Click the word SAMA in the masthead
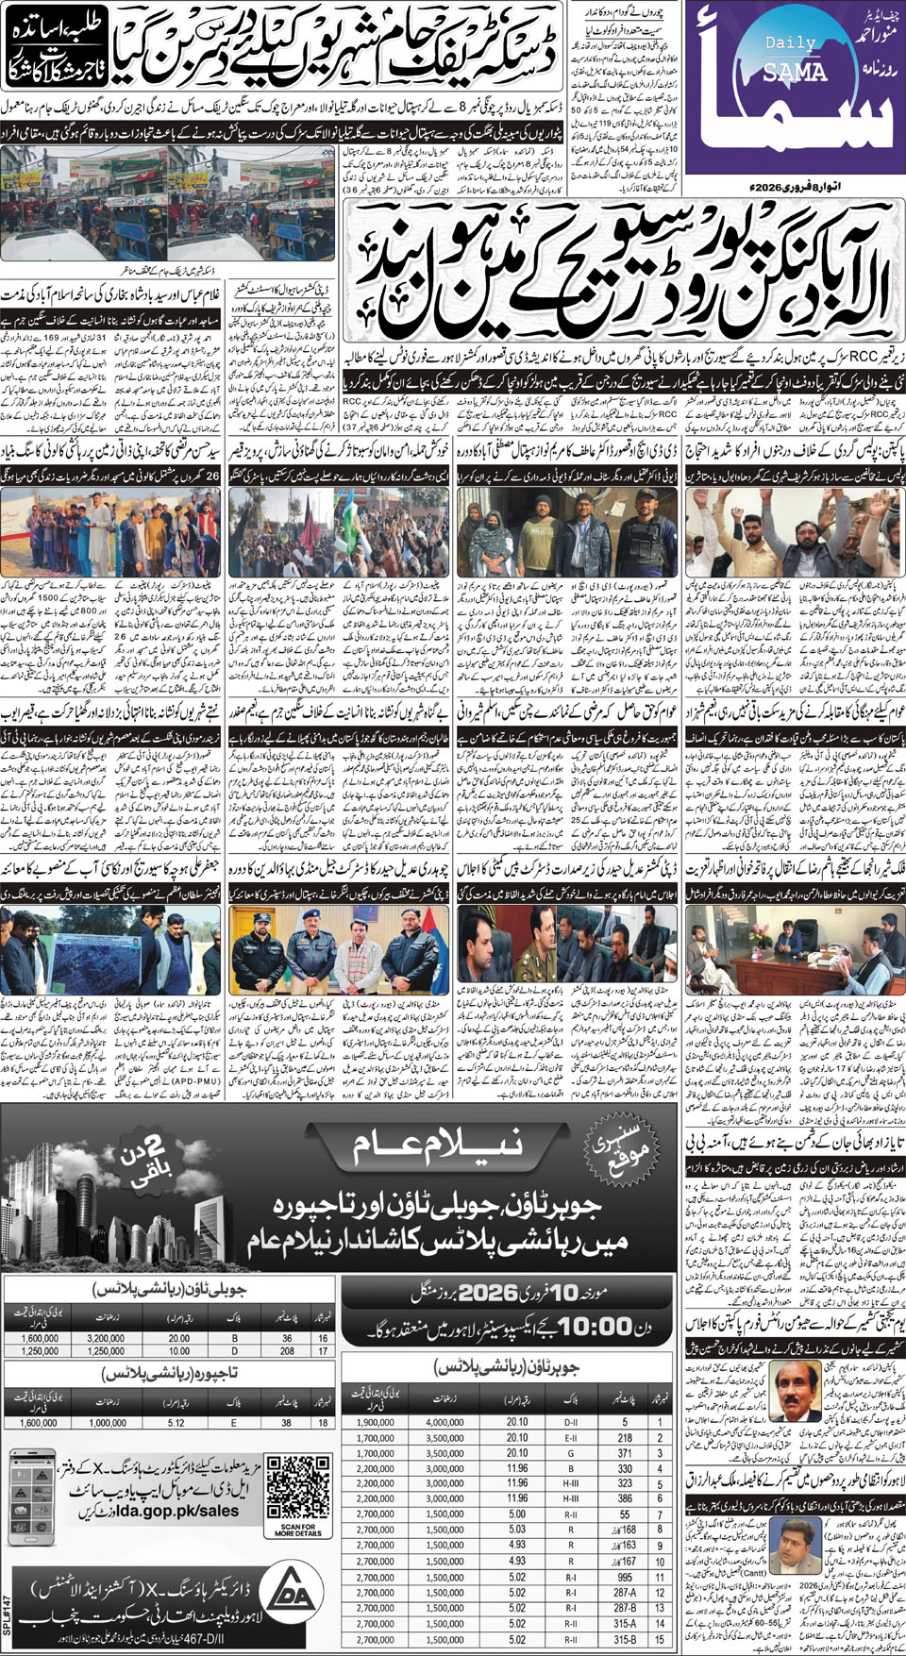(x=795, y=72)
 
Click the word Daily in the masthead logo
(x=791, y=42)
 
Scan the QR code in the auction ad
(x=297, y=1487)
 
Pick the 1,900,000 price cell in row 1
(x=375, y=1422)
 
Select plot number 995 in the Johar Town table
(x=625, y=1577)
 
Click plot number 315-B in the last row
(x=625, y=1639)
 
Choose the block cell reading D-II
(x=571, y=1422)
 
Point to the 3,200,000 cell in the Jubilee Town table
(x=106, y=1338)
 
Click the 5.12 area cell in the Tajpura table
(x=176, y=1423)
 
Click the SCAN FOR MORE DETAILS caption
(x=297, y=1530)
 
